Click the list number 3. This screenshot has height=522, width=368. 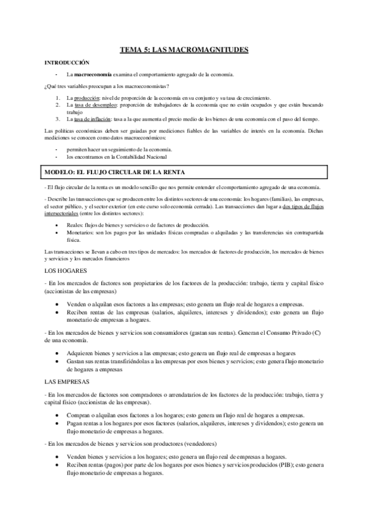click(57, 119)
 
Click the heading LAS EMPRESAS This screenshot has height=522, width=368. click(68, 382)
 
